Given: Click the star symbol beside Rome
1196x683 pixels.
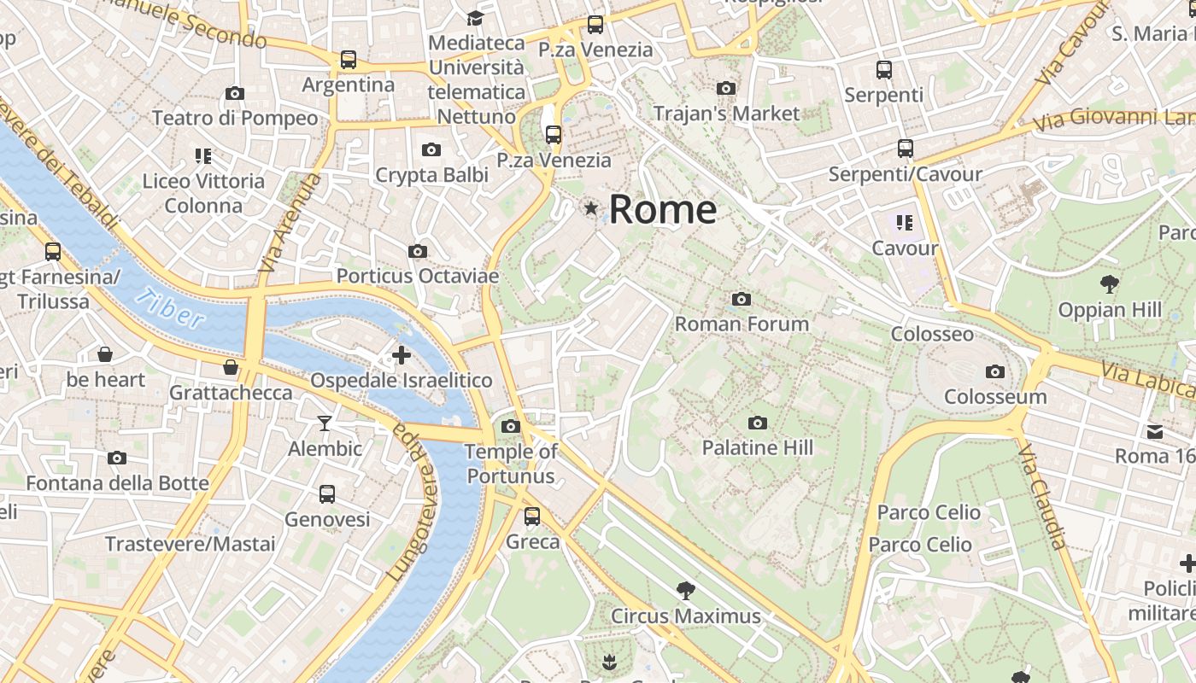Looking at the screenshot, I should tap(590, 207).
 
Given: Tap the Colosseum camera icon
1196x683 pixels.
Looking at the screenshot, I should tap(994, 371).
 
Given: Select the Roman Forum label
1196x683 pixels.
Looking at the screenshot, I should tap(742, 324).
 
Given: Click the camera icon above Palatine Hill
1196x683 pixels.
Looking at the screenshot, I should tap(757, 423).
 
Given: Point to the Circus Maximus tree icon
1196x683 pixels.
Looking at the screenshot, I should tap(685, 589).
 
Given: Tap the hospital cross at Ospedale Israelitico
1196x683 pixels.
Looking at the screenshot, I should tap(401, 354).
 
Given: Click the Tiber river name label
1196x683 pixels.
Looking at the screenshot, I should tap(171, 309).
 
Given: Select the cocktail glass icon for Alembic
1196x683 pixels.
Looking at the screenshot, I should tap(325, 423).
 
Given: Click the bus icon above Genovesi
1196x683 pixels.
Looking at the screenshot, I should tap(327, 493).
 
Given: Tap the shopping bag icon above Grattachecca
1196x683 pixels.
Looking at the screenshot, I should tap(231, 367).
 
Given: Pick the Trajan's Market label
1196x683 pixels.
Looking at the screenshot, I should tap(726, 113).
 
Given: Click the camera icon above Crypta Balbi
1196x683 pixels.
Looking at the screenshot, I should tap(431, 149).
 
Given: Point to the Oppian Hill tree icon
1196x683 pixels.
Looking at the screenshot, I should tap(1110, 283).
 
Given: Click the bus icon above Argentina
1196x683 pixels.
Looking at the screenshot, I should tap(348, 59).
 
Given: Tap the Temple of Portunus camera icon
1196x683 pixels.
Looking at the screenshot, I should tap(511, 426).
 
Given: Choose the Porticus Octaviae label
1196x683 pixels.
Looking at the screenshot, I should tap(417, 276).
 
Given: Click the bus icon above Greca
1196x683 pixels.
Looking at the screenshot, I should tap(532, 516).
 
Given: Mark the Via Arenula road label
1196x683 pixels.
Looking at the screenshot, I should tap(291, 223).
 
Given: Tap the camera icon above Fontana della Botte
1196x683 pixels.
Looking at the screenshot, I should tap(117, 458).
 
